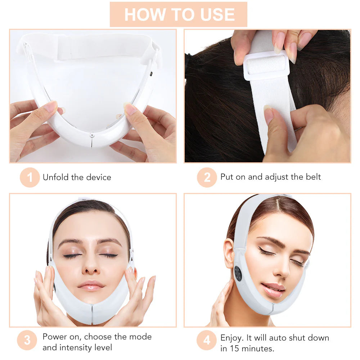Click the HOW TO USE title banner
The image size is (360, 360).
(x=179, y=14)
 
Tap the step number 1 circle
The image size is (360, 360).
(x=30, y=177)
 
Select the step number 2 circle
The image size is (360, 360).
(x=207, y=177)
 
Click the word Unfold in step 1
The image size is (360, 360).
(x=54, y=177)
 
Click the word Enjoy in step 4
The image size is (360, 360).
(x=231, y=338)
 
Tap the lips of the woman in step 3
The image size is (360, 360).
(x=91, y=285)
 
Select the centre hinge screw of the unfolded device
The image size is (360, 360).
(x=92, y=135)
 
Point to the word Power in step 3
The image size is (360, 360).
(x=53, y=337)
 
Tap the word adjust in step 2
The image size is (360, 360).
(x=276, y=177)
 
